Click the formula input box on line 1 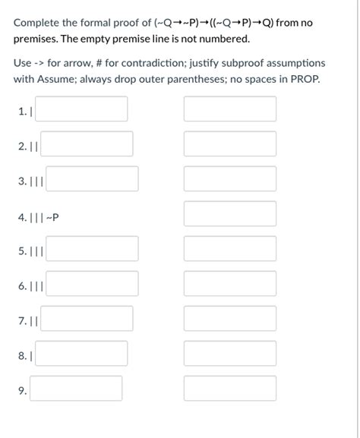81,109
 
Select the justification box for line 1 230,109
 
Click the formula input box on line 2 87,144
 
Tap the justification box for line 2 230,144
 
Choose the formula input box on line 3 93,179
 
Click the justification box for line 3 230,179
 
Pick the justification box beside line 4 230,214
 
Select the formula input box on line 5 93,249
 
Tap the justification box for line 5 230,249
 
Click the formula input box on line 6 93,284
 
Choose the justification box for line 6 230,284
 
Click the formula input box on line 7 87,319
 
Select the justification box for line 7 230,319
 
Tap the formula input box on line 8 81,354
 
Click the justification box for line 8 230,354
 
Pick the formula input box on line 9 76,389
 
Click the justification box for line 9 230,389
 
